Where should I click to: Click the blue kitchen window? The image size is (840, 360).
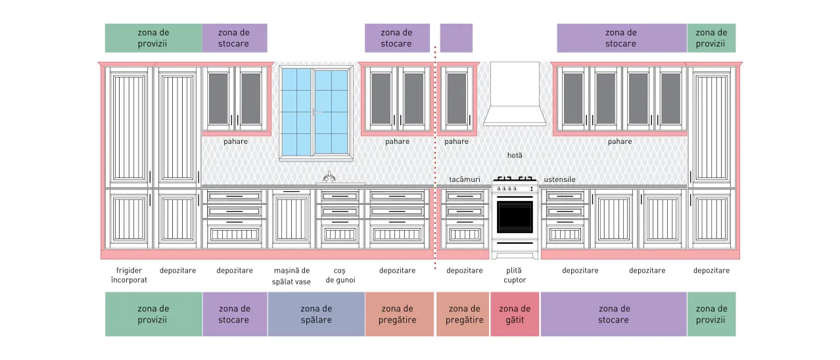coord(315,113)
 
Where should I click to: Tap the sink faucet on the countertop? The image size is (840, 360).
coord(329,177)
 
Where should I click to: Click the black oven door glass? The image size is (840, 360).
coord(515,217)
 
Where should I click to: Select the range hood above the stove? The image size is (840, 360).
coord(515,94)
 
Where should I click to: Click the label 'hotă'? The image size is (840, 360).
coord(515,155)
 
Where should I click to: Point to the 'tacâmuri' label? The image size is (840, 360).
coord(465,179)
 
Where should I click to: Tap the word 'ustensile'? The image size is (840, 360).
coord(559,179)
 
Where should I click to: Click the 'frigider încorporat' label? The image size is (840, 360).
coord(129,275)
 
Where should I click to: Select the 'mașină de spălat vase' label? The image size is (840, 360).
coord(291,276)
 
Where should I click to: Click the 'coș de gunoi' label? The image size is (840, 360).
coord(340,275)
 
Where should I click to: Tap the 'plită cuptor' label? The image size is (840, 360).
coord(515,275)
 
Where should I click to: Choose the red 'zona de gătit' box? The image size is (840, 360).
coord(515,314)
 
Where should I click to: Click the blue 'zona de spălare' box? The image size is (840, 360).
coord(316,314)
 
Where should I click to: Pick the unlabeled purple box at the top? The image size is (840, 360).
coord(456,38)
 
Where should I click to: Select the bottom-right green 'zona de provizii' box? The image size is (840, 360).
coord(711,314)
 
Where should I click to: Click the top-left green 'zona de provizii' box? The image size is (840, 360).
coord(153,38)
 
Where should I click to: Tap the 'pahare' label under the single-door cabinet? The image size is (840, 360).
coord(456,141)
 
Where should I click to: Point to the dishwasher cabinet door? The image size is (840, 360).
coord(291,219)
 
